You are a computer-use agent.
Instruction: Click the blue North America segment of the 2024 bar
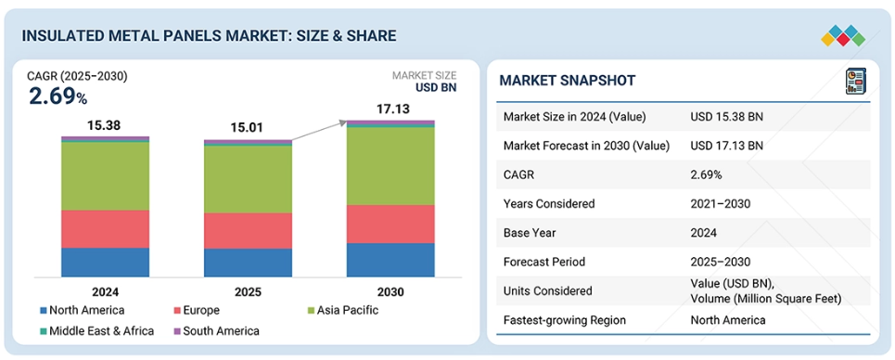click(105, 263)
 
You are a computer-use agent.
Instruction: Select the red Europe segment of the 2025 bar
click(248, 231)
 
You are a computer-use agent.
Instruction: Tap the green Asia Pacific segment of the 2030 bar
click(390, 166)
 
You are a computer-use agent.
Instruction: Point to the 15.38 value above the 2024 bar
click(104, 125)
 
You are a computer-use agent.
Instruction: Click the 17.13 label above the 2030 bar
click(393, 109)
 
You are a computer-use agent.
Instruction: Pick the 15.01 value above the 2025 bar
click(247, 128)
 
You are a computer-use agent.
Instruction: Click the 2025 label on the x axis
click(248, 292)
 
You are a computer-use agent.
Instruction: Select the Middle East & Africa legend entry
click(97, 331)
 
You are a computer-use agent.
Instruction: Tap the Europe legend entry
click(197, 311)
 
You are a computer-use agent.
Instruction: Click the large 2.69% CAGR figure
click(58, 97)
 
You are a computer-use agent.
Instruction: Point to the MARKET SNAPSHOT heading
click(568, 81)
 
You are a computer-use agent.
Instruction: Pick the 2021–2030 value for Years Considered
click(720, 203)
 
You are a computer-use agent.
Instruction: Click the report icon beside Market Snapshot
click(854, 81)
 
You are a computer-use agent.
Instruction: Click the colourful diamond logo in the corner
click(843, 35)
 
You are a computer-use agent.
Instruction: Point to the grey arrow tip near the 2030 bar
click(346, 122)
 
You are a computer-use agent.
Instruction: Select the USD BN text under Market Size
click(437, 87)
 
